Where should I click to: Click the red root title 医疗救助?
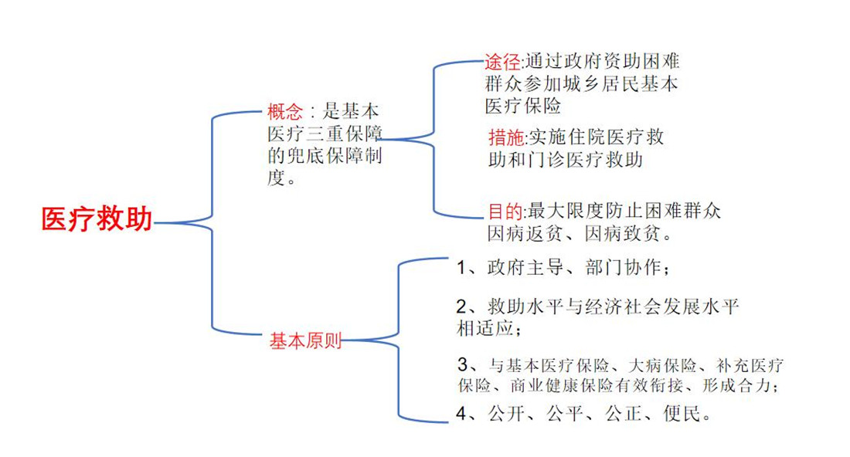point(97,219)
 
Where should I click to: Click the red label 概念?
point(285,111)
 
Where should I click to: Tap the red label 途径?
point(502,62)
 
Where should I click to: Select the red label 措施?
point(506,137)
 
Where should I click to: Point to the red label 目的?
point(506,212)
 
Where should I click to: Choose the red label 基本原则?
point(306,340)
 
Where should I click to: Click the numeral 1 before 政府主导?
point(461,268)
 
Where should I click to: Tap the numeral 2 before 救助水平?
point(461,307)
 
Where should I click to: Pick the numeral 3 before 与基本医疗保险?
point(462,364)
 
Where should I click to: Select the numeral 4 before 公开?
point(461,414)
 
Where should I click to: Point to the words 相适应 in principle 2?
point(485,328)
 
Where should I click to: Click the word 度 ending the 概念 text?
point(276,178)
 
